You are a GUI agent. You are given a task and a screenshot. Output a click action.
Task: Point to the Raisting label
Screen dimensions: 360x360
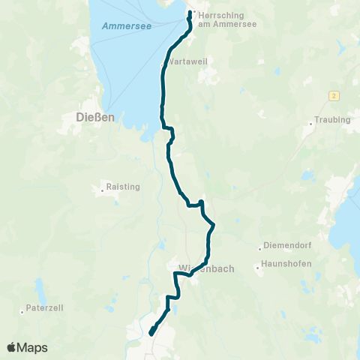click(124, 186)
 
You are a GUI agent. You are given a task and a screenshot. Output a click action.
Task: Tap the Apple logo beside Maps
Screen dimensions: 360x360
click(12, 347)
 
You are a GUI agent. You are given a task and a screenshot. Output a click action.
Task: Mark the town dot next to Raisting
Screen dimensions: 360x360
click(103, 190)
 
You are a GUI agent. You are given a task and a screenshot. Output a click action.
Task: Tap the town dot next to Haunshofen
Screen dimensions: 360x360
click(257, 265)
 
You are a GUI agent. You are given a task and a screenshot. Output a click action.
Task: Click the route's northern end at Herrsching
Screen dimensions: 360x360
click(190, 12)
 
